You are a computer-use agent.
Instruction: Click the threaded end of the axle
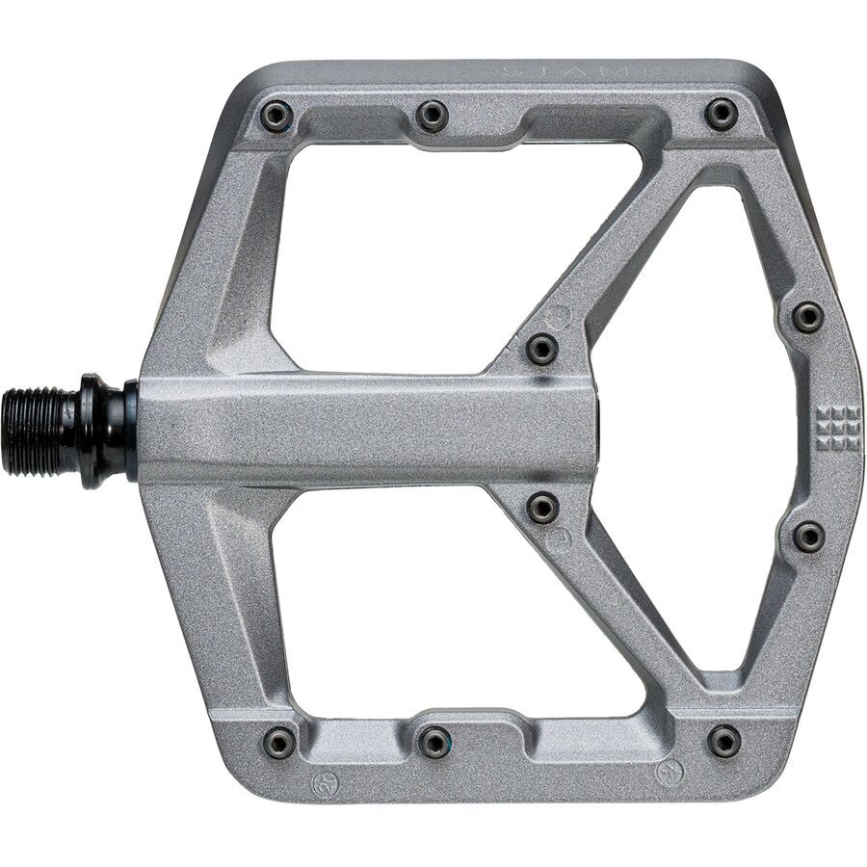tap(39, 431)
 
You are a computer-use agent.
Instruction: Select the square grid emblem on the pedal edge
tap(837, 427)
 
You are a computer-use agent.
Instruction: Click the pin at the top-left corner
tap(276, 117)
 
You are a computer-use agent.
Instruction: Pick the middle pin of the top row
tap(433, 116)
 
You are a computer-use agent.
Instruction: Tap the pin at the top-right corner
tap(722, 114)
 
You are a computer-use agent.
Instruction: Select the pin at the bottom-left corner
tap(279, 742)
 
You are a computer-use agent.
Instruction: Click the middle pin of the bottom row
tap(434, 742)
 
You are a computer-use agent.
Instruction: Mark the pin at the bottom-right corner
tap(724, 741)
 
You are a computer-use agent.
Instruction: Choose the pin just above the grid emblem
tap(808, 316)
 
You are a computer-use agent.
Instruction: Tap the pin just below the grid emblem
tap(808, 537)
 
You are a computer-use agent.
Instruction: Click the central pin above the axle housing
tap(542, 349)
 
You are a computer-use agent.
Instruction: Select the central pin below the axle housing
tap(543, 507)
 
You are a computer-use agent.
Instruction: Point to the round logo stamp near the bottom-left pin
tap(326, 783)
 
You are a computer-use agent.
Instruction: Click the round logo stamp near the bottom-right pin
tap(669, 773)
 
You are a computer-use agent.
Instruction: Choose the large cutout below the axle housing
tap(433, 597)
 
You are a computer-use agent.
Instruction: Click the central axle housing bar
tap(366, 429)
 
